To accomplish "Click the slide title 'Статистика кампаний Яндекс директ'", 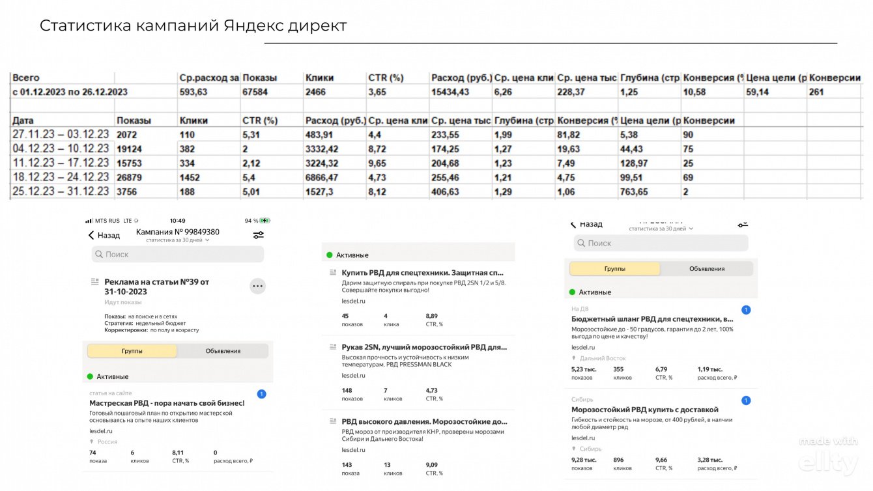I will click(193, 25).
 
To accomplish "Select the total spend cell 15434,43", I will click(450, 92).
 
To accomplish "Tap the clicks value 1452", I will click(192, 177).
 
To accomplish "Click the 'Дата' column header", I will click(23, 120).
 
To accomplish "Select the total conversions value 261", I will click(816, 92).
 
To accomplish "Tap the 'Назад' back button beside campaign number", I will click(104, 235).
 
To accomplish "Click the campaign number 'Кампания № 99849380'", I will click(177, 232).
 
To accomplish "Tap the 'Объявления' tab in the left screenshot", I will click(223, 351).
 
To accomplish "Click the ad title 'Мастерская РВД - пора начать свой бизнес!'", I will click(167, 403).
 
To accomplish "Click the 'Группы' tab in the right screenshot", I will click(614, 268).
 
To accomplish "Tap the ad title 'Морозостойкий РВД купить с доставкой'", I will click(644, 410).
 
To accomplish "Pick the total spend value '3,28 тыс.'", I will click(709, 460).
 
